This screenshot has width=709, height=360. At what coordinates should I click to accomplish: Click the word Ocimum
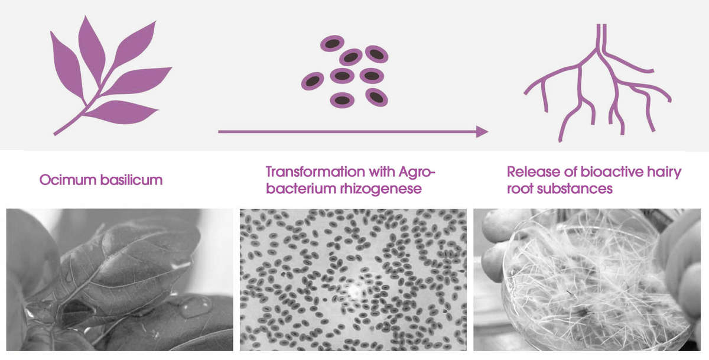click(x=68, y=180)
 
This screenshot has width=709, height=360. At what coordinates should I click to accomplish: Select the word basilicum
click(x=131, y=180)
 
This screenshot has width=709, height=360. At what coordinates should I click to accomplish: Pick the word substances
click(x=575, y=189)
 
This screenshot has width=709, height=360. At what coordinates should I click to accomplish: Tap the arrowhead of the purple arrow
click(x=482, y=131)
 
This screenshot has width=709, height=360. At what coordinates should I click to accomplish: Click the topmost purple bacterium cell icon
click(x=332, y=43)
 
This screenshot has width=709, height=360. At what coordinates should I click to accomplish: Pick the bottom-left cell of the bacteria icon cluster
click(x=313, y=81)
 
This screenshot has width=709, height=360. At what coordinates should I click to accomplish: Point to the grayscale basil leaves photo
click(x=119, y=280)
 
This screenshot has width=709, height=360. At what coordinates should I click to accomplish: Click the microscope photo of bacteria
click(x=353, y=280)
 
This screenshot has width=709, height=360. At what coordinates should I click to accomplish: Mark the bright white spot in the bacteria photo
click(x=354, y=291)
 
